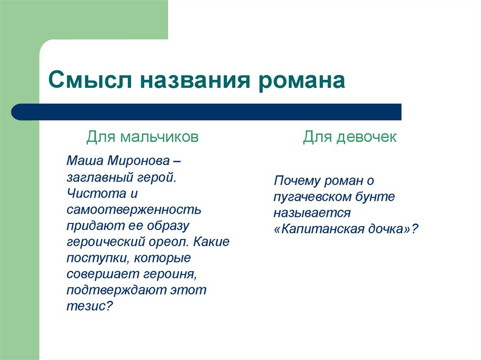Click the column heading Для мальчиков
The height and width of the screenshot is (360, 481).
click(142, 137)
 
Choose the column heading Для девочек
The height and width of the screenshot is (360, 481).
click(349, 137)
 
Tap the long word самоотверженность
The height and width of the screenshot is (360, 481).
click(134, 210)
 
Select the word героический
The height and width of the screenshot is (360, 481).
click(104, 242)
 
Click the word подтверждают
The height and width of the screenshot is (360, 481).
click(114, 290)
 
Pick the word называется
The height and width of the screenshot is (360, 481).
click(312, 213)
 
